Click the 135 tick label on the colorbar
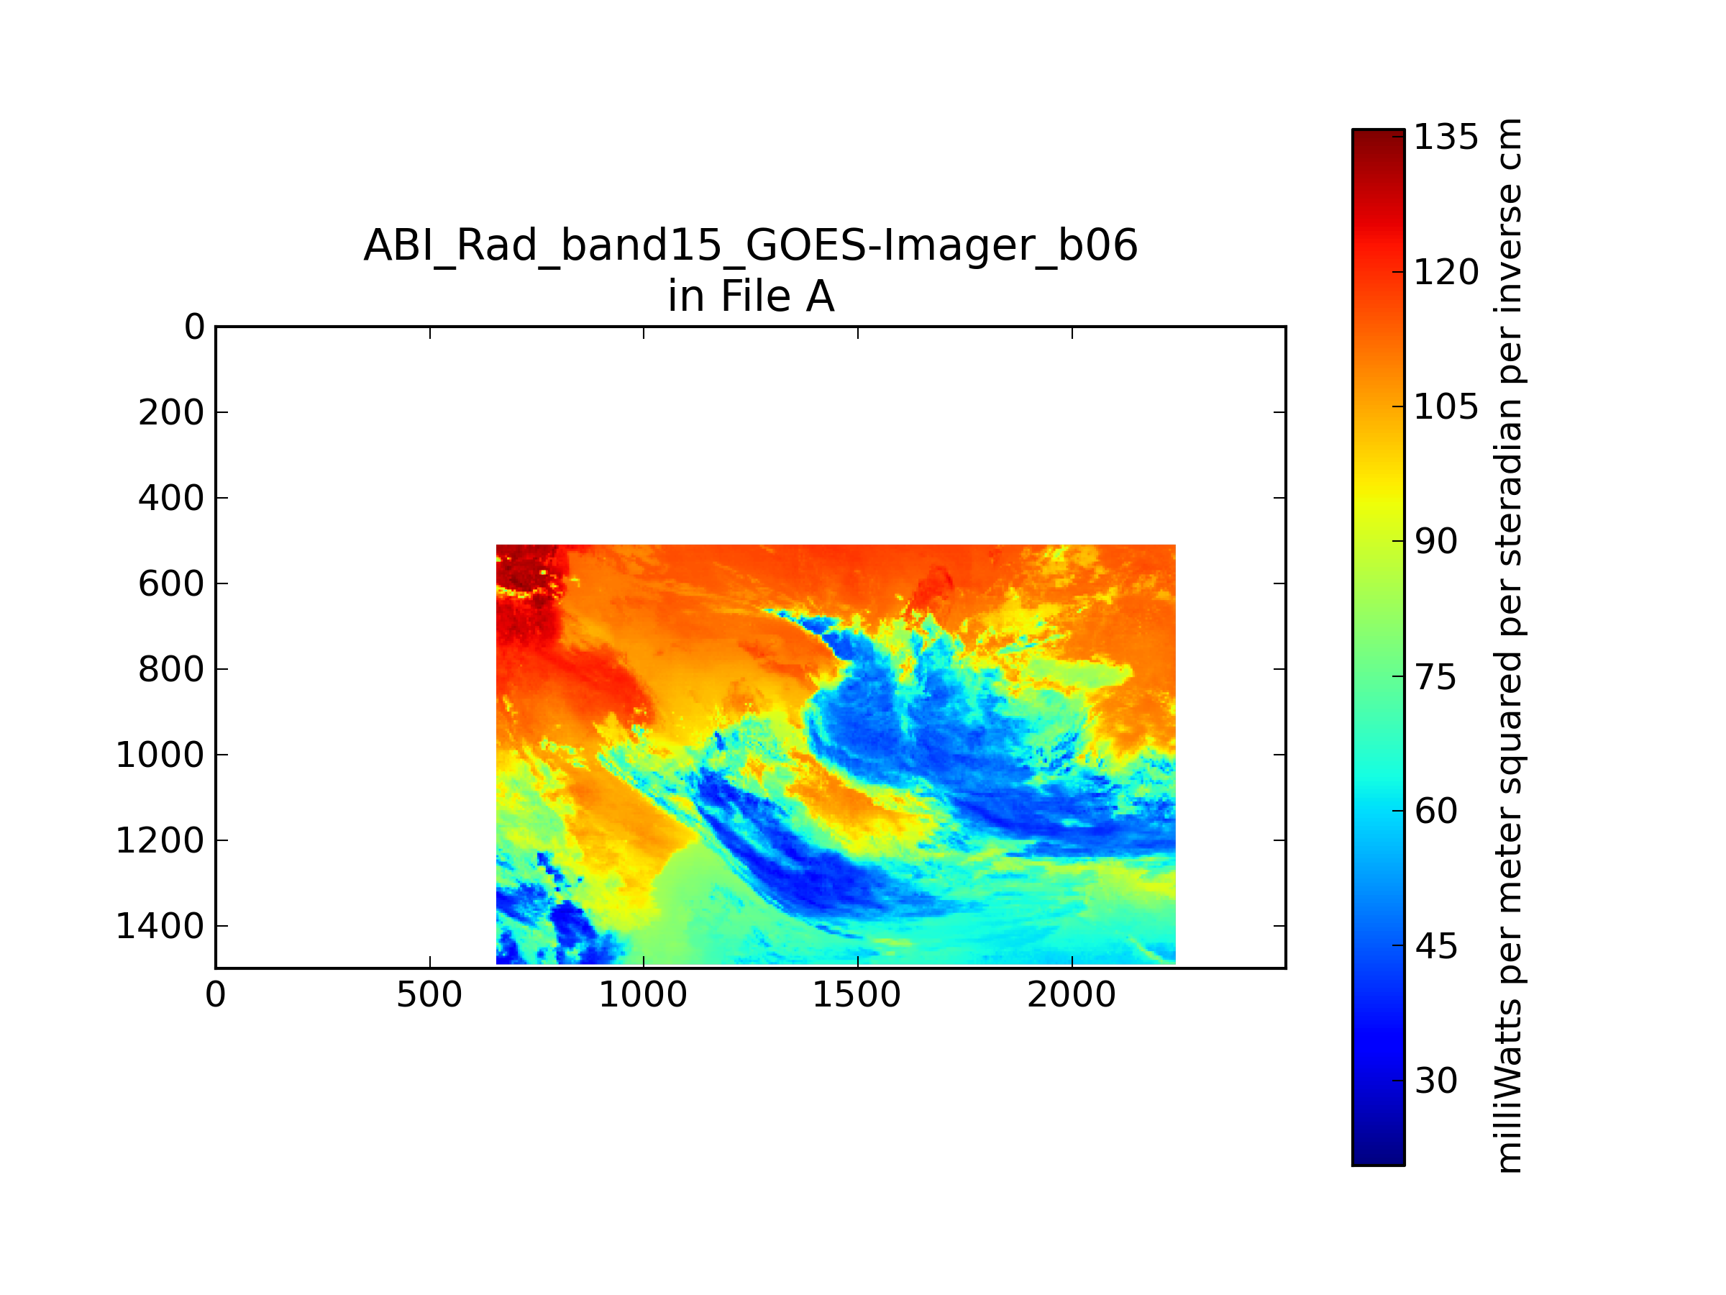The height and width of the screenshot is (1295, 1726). point(1446,137)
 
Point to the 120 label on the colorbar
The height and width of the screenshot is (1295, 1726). point(1446,273)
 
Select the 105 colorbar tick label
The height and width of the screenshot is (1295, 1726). point(1446,406)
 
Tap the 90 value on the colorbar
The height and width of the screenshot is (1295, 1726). point(1435,542)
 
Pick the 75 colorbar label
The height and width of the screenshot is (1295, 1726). point(1435,677)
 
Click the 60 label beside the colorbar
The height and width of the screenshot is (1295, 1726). point(1435,811)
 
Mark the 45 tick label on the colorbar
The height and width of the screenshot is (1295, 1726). point(1435,946)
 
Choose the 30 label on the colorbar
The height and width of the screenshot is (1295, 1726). point(1435,1081)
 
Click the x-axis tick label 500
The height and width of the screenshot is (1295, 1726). point(429,995)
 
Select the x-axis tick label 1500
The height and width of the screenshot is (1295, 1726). point(857,995)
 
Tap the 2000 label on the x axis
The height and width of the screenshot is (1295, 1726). point(1072,995)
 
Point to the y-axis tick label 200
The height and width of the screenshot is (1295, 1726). point(171,412)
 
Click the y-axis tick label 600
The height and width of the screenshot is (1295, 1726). point(171,584)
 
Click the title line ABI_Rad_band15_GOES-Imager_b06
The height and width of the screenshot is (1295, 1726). point(751,247)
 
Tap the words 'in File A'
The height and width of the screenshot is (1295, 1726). point(751,296)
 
